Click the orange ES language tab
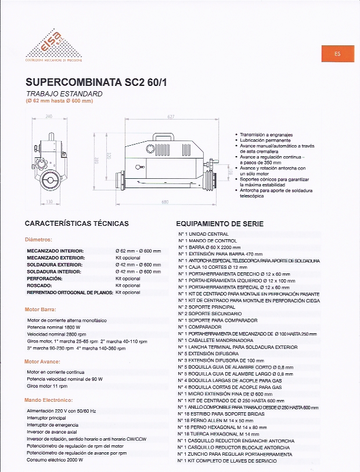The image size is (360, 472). pyautogui.click(x=337, y=53)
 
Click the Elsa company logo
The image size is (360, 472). pyautogui.click(x=53, y=46)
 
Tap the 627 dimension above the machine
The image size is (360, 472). pyautogui.click(x=171, y=117)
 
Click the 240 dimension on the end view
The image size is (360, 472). pyautogui.click(x=48, y=117)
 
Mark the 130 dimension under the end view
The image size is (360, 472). pyautogui.click(x=49, y=202)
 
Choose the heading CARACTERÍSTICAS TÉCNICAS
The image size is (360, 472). pyautogui.click(x=77, y=224)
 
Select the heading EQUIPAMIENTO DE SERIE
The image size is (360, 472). pyautogui.click(x=219, y=224)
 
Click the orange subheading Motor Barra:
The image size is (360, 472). pyautogui.click(x=40, y=309)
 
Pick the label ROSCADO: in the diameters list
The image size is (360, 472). pyautogui.click(x=40, y=286)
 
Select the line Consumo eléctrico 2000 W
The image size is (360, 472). pyautogui.click(x=55, y=460)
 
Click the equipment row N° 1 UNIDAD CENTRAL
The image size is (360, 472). pyautogui.click(x=207, y=234)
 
